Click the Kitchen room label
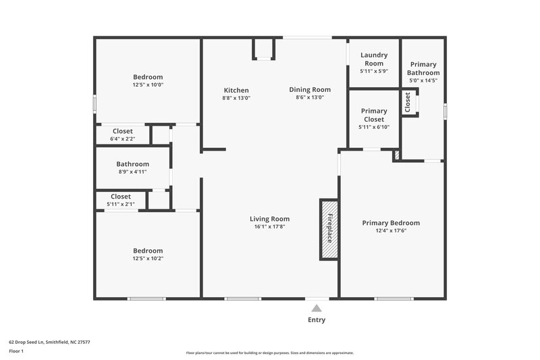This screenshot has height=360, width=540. click(x=236, y=90)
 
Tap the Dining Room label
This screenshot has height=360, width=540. click(x=310, y=90)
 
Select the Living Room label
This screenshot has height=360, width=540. click(x=269, y=218)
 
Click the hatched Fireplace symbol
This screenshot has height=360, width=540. click(x=329, y=229)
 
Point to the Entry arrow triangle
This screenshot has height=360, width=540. click(x=317, y=308)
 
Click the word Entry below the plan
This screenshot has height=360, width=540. click(x=317, y=320)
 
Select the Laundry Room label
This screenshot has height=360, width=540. click(x=373, y=59)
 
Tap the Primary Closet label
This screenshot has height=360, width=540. click(x=374, y=115)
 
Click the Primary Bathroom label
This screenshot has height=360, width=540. click(x=423, y=68)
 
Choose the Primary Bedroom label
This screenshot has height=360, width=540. click(x=391, y=223)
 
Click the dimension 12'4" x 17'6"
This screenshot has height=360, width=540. click(x=391, y=231)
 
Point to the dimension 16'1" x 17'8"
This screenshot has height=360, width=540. click(x=269, y=226)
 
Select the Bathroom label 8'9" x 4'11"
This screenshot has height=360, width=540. click(x=132, y=168)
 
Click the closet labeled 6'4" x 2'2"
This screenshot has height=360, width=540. click(x=122, y=134)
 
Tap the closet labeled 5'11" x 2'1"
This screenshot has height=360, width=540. click(x=121, y=200)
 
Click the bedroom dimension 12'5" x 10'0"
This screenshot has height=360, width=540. click(x=148, y=85)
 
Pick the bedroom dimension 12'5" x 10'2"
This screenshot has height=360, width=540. click(x=148, y=258)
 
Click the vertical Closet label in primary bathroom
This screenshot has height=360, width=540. click(x=408, y=102)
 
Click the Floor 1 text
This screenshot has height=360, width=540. click(x=17, y=351)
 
